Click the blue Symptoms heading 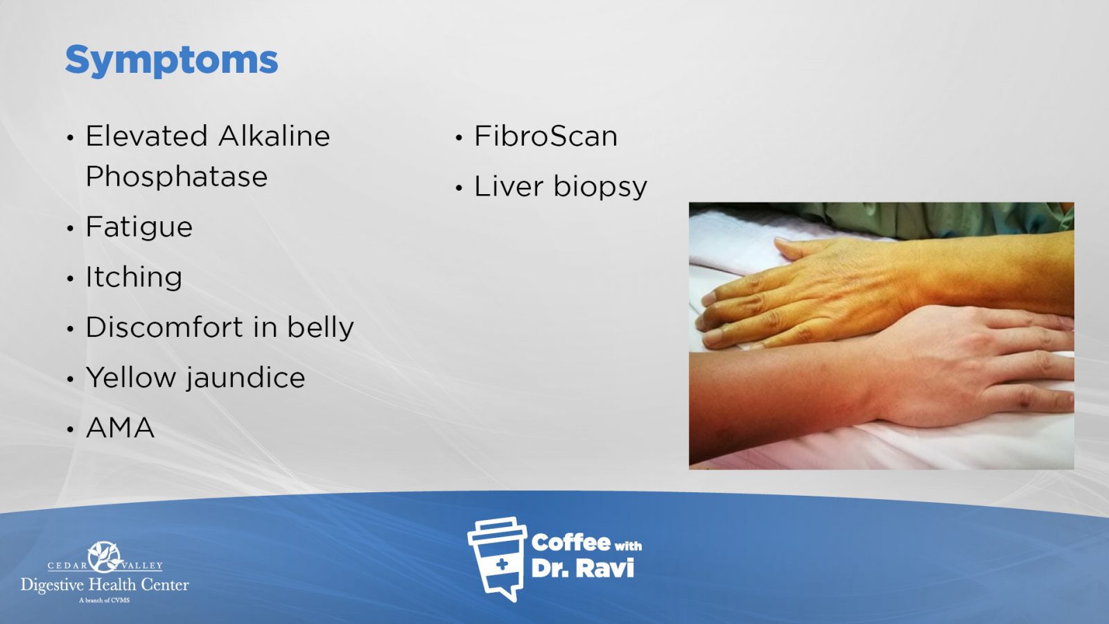pyautogui.click(x=171, y=61)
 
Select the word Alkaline pyautogui.click(x=274, y=136)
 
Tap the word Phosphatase pyautogui.click(x=177, y=177)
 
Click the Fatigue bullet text pyautogui.click(x=139, y=227)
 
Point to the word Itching pyautogui.click(x=134, y=277)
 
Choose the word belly pyautogui.click(x=321, y=328)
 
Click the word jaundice pyautogui.click(x=245, y=378)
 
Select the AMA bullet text pyautogui.click(x=121, y=428)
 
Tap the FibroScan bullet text pyautogui.click(x=546, y=136)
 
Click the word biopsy pyautogui.click(x=600, y=187)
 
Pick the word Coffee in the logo pyautogui.click(x=570, y=543)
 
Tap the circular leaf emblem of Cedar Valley pyautogui.click(x=105, y=557)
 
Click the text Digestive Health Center pyautogui.click(x=105, y=585)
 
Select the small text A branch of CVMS pyautogui.click(x=105, y=600)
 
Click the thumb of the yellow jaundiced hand pyautogui.click(x=798, y=248)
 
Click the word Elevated pyautogui.click(x=146, y=136)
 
